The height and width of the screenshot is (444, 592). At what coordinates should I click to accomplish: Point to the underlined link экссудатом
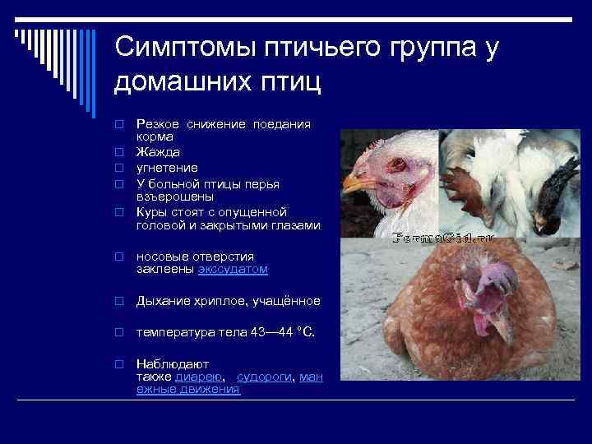[x=233, y=269]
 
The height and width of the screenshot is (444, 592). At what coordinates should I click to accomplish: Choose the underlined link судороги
[x=265, y=376]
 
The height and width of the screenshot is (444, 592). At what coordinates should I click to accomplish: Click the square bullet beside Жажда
[x=119, y=153]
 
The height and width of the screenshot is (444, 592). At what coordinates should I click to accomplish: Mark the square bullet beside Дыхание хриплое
[x=119, y=302]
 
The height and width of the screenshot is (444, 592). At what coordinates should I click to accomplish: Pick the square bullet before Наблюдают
[x=119, y=363]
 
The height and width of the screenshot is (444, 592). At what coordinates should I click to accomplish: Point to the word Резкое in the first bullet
[x=158, y=123]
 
